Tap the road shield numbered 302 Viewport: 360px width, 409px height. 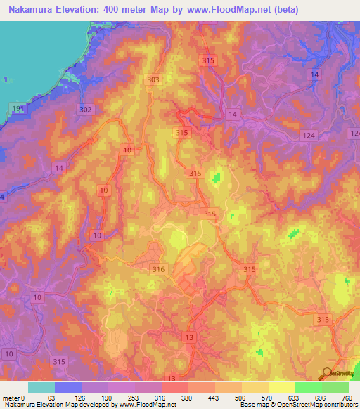click(x=86, y=110)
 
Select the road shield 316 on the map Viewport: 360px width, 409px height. click(x=159, y=269)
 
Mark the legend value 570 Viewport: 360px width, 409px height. click(x=269, y=398)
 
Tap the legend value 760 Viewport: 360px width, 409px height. click(x=347, y=398)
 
